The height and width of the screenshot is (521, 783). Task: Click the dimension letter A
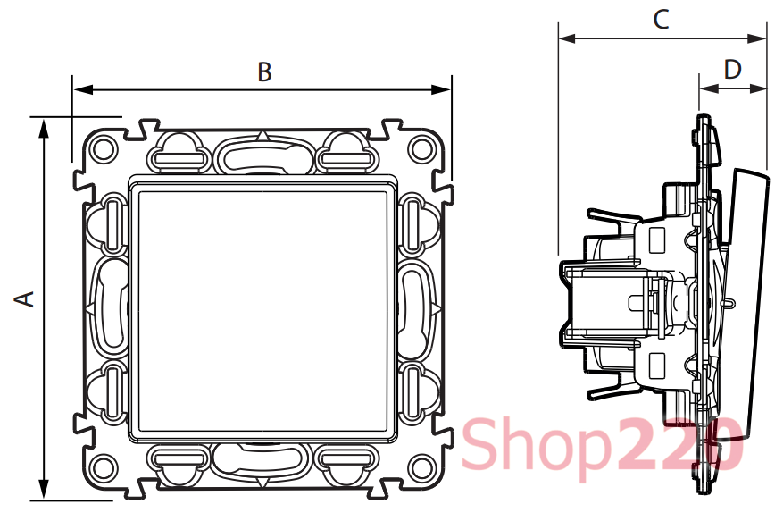(23, 298)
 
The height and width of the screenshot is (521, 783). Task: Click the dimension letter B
(264, 72)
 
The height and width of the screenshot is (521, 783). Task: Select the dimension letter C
(661, 20)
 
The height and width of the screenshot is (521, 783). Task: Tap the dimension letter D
(733, 70)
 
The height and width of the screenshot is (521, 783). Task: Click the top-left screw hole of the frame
(104, 149)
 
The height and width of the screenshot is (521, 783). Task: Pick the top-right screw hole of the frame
(420, 149)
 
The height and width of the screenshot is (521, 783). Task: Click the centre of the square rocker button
(262, 308)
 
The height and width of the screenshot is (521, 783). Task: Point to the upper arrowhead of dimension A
(44, 129)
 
